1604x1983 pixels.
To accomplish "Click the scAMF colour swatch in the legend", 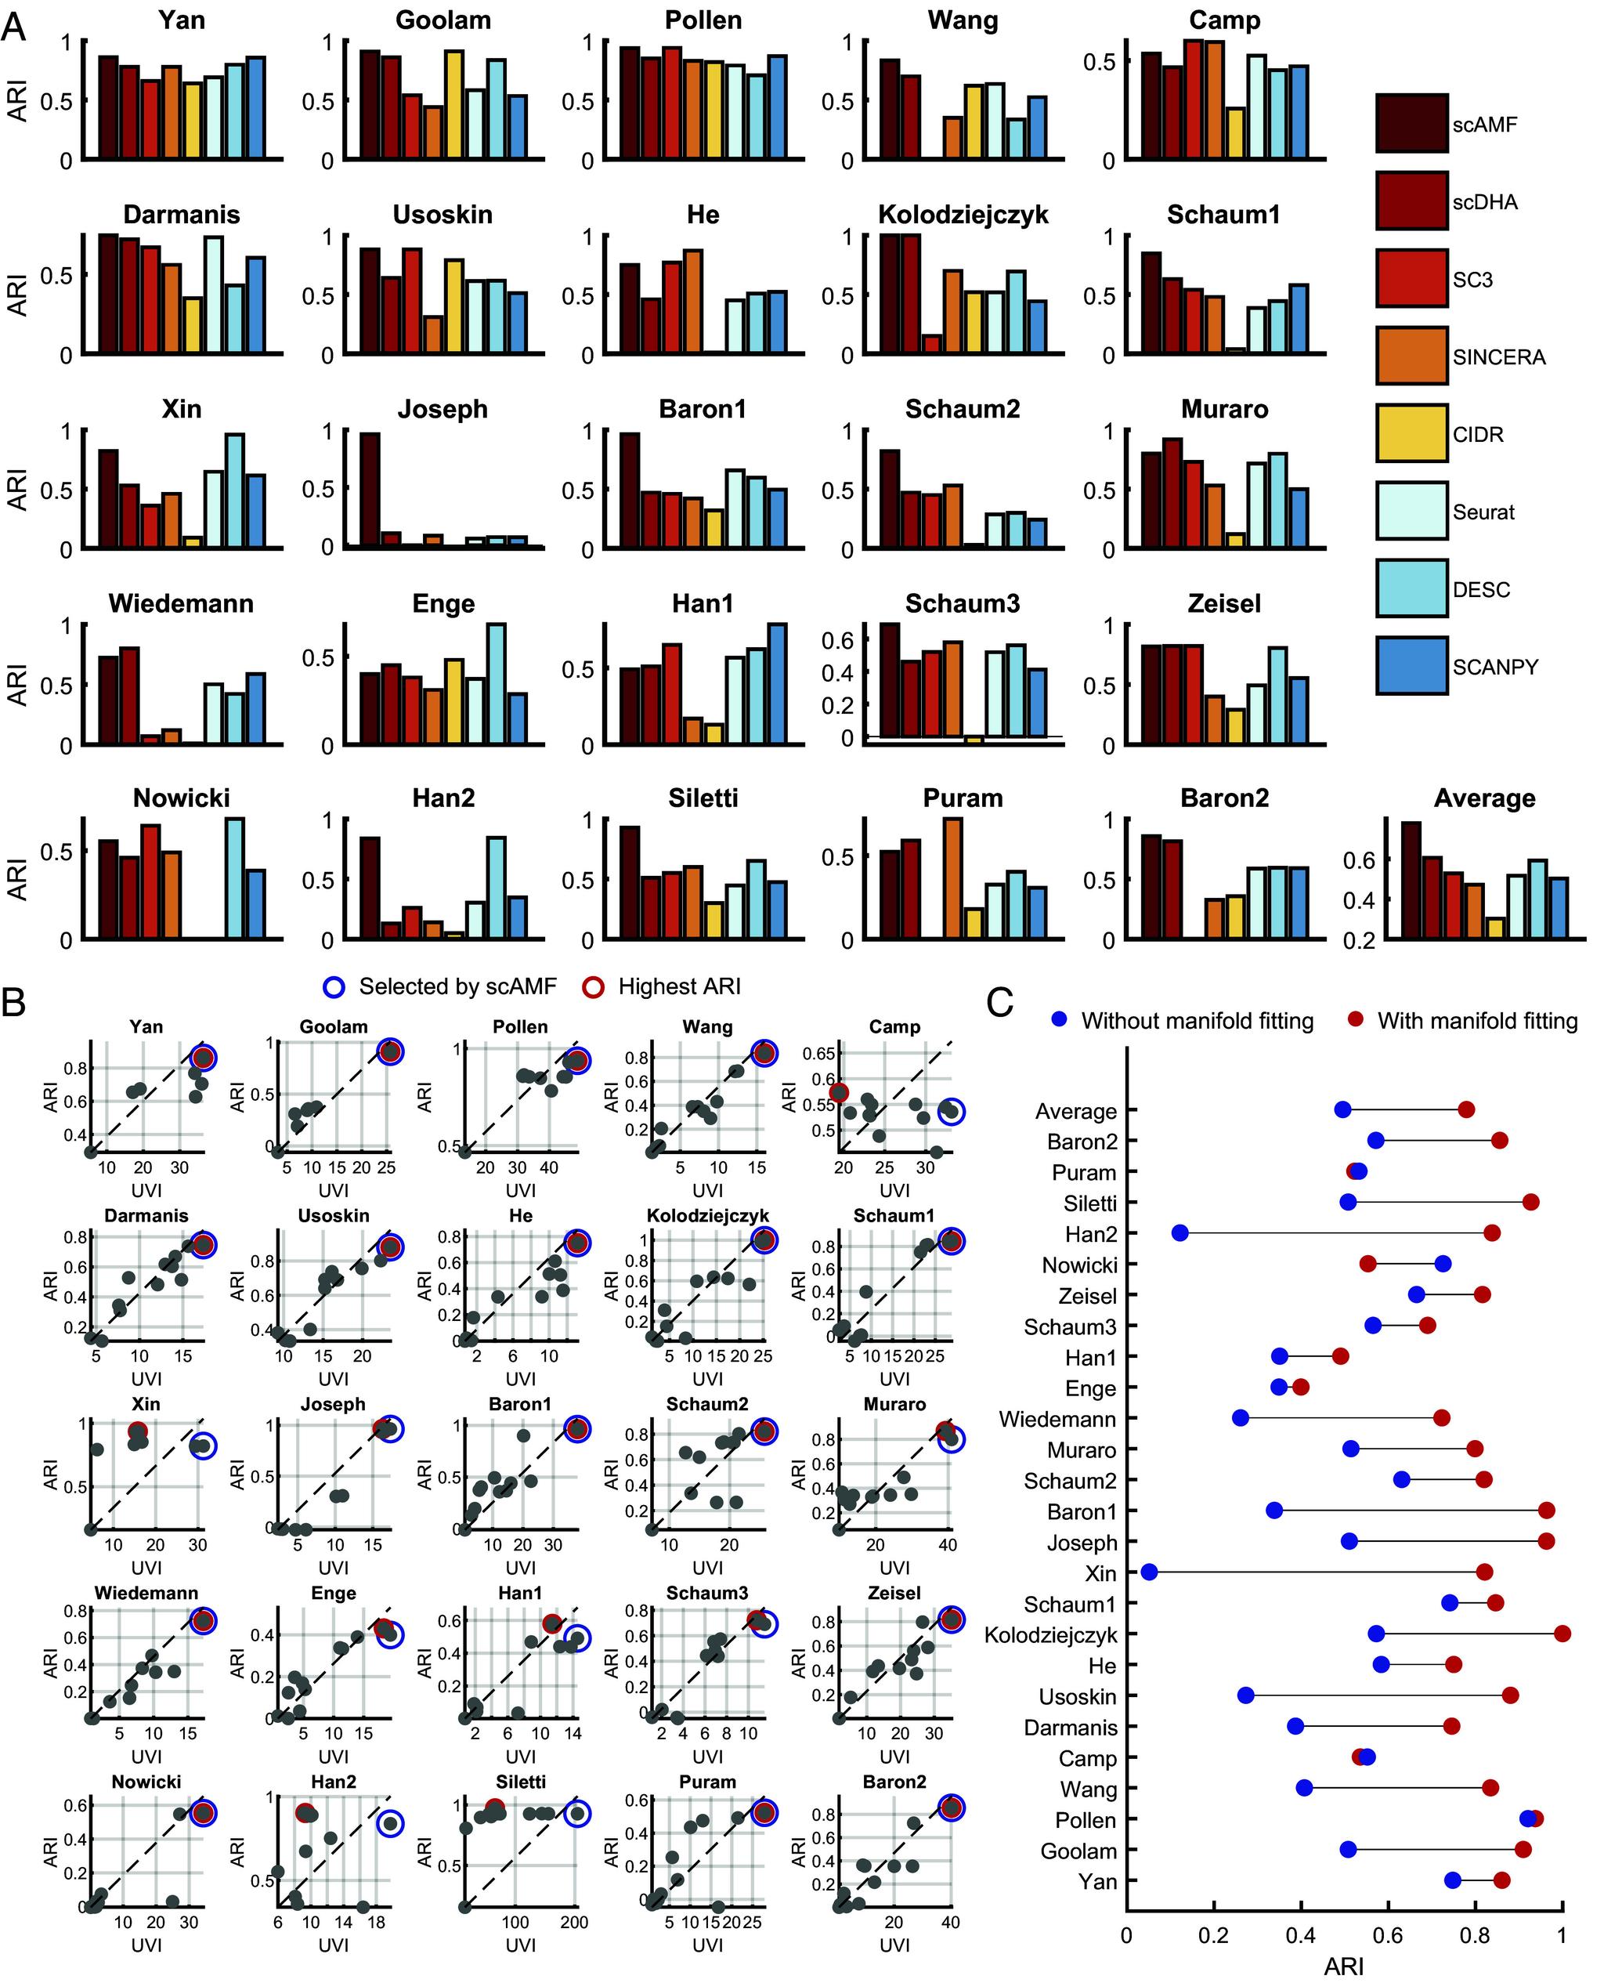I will coord(1410,123).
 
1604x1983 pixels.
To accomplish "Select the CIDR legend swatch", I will coord(1410,433).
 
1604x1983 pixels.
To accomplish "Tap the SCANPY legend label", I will coord(1495,666).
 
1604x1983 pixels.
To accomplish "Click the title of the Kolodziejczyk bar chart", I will coord(963,215).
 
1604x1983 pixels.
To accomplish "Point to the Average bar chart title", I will coord(1484,798).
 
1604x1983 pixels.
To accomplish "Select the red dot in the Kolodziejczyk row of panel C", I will coord(1562,1634).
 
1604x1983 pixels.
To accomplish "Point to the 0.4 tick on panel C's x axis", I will coord(1300,1931).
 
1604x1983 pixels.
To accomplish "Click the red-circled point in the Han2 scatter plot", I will coord(305,1813).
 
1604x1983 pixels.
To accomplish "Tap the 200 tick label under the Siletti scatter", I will coord(574,1922).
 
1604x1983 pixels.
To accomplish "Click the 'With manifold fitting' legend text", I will coord(1476,1020).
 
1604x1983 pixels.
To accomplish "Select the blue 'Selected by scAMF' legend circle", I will coord(334,987).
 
